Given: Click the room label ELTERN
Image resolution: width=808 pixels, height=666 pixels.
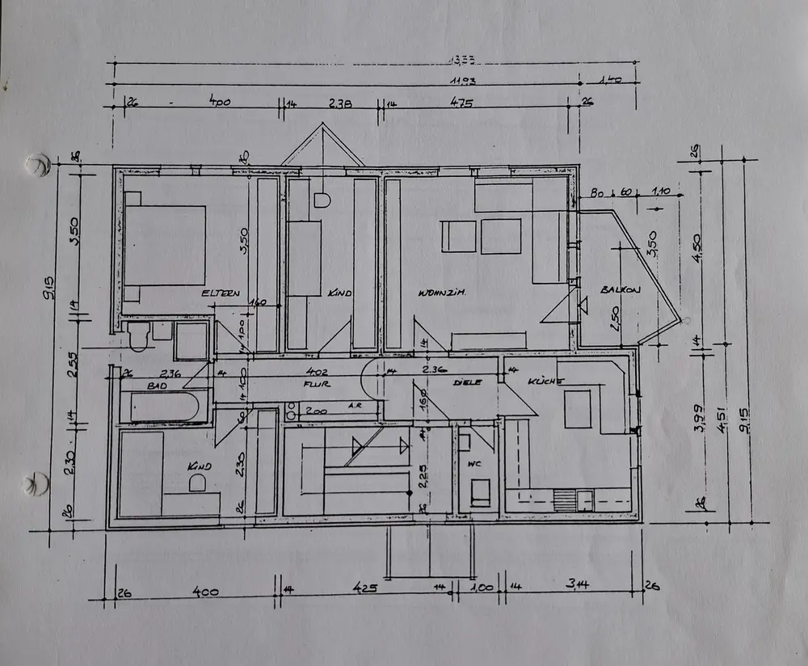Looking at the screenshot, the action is [x=221, y=293].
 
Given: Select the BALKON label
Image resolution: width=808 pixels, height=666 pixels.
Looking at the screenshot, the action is [x=620, y=289].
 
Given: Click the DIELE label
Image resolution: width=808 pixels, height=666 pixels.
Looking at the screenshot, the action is [x=467, y=381].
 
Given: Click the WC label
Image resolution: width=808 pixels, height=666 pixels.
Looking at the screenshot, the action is [x=473, y=462].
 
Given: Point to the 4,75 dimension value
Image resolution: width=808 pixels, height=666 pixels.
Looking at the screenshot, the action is [x=461, y=103].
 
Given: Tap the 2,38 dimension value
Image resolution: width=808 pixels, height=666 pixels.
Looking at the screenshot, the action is [x=339, y=103].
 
